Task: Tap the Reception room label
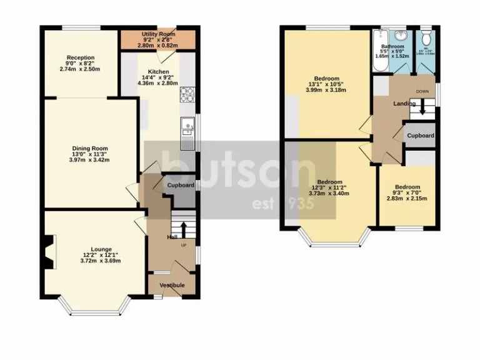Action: click(x=80, y=58)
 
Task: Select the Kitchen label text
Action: click(x=158, y=71)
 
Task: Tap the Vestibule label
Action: click(x=171, y=285)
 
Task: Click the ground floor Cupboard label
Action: click(x=181, y=185)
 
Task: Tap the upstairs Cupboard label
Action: click(x=421, y=136)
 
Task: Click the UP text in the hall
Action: click(x=184, y=244)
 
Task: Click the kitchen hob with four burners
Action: click(x=187, y=94)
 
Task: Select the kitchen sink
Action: click(x=187, y=129)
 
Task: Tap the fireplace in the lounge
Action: click(x=47, y=252)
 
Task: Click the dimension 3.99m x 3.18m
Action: click(x=326, y=90)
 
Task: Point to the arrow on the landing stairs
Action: click(x=423, y=109)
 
